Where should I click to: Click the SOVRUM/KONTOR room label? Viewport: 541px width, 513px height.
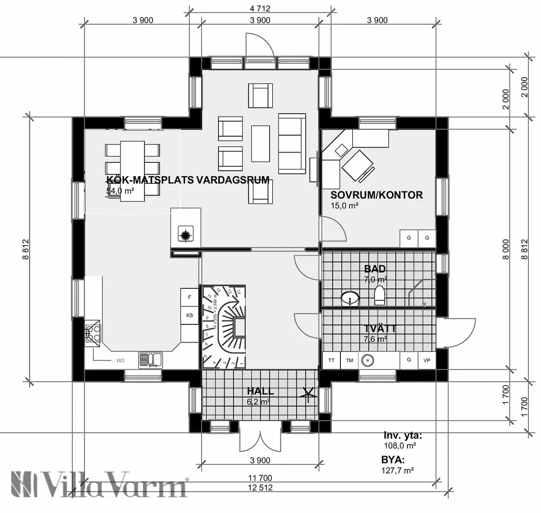coord(376,195)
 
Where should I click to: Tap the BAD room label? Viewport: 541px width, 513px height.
coord(375,269)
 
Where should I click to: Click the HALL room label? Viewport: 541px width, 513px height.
coord(260,391)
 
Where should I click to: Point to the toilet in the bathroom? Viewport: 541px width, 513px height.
coord(379,295)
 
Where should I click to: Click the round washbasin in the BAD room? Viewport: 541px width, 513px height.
coord(351,297)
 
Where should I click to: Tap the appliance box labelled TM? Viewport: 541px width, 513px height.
coord(349,360)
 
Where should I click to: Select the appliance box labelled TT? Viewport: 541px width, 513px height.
coord(331,360)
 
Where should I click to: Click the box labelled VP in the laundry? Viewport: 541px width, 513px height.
coord(427,360)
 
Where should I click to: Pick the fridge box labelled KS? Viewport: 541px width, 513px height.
coord(189,315)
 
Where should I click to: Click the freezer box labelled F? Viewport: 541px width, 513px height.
coord(189,297)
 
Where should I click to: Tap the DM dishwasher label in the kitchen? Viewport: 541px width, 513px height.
coord(119,360)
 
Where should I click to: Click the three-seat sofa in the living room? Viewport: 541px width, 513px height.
coord(292,143)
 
